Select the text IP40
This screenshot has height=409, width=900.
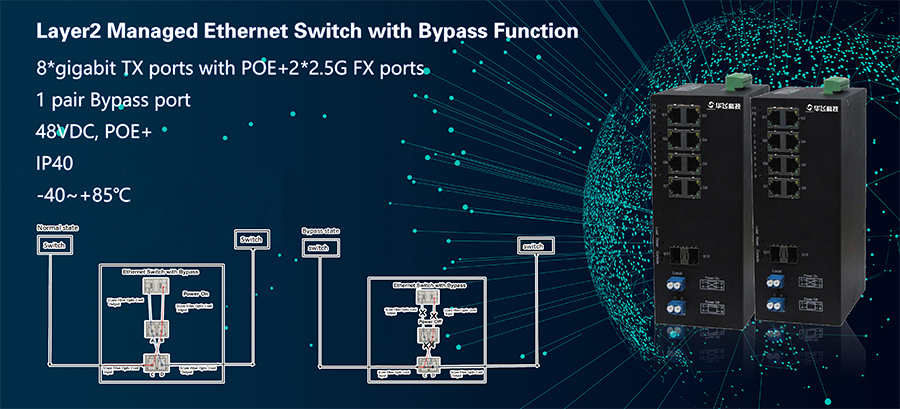57,162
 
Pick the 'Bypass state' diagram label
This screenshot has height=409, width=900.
322,231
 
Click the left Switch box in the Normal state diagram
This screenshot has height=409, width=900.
55,246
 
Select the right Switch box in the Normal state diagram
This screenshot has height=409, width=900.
248,239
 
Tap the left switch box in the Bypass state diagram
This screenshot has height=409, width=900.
318,247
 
